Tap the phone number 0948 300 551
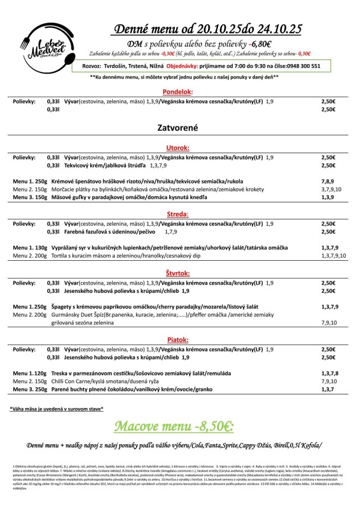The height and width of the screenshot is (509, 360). point(300,66)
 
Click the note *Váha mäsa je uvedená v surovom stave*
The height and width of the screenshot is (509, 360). point(57,409)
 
